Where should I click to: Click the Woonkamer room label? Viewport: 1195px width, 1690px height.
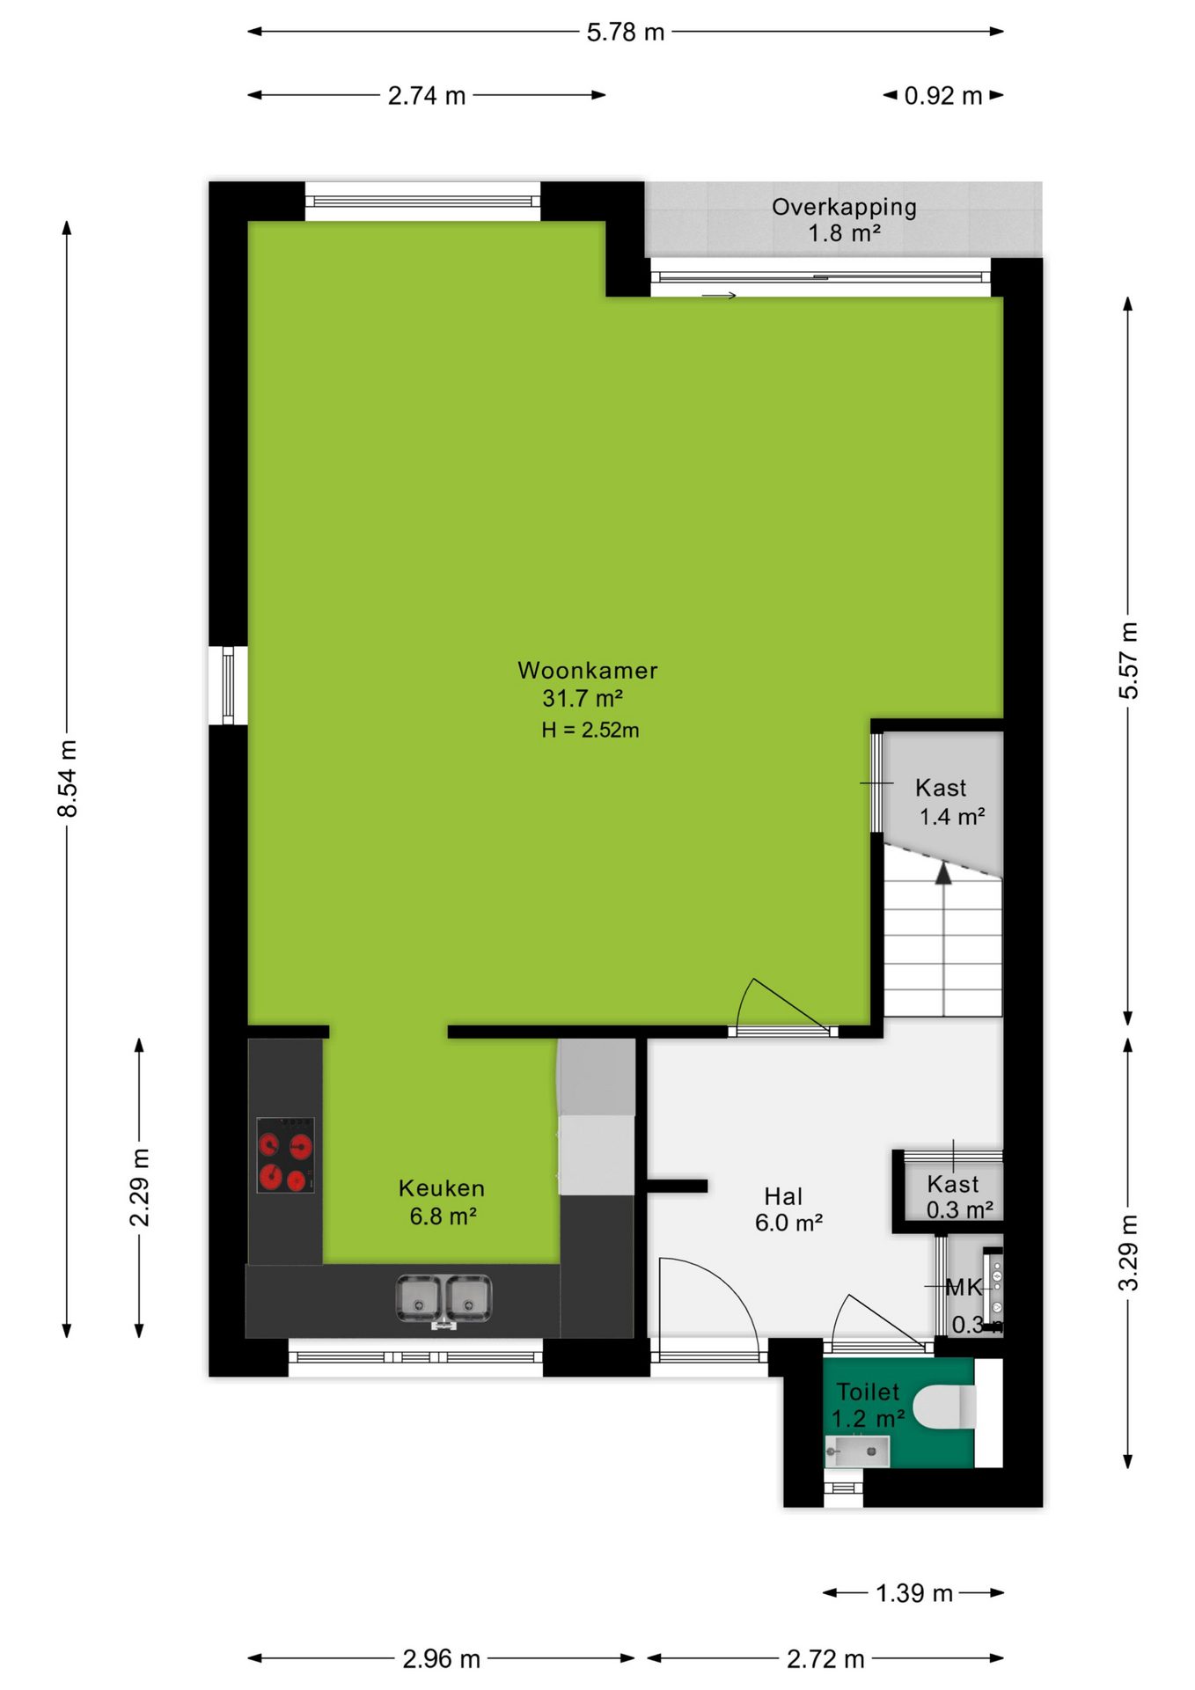click(x=588, y=671)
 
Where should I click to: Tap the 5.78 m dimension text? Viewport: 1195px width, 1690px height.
click(x=626, y=33)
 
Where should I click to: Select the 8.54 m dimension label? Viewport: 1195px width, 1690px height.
click(x=68, y=778)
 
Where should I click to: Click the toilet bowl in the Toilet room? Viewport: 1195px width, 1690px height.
click(x=944, y=1406)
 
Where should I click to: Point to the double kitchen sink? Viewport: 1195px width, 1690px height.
click(x=444, y=1298)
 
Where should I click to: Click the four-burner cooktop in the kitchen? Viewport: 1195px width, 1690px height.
click(x=285, y=1155)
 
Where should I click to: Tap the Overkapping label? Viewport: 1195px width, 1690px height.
click(x=844, y=208)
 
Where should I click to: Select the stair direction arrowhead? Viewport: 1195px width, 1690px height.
click(x=943, y=873)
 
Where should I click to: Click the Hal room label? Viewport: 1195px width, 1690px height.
click(x=783, y=1197)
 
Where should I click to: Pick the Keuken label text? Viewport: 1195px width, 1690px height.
click(x=442, y=1188)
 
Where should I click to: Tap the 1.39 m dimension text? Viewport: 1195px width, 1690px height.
click(x=914, y=1593)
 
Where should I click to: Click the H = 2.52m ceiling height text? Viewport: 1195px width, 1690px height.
click(x=590, y=730)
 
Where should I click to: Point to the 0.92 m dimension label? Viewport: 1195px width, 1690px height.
click(x=943, y=96)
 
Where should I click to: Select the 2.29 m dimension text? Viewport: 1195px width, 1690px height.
click(x=140, y=1187)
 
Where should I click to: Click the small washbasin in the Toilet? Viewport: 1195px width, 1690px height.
click(x=857, y=1451)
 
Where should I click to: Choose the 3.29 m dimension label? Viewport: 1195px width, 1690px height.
click(x=1129, y=1253)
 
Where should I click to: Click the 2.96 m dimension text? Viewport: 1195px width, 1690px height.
click(x=441, y=1659)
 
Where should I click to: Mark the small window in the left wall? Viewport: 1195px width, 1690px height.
click(x=228, y=686)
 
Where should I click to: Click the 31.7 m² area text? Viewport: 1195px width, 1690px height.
click(x=583, y=699)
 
